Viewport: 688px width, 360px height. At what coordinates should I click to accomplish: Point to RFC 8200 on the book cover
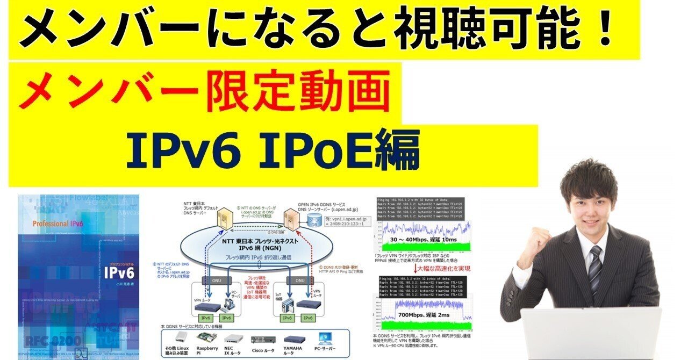pos(52,340)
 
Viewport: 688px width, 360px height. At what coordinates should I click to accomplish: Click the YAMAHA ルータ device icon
pos(297,339)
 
